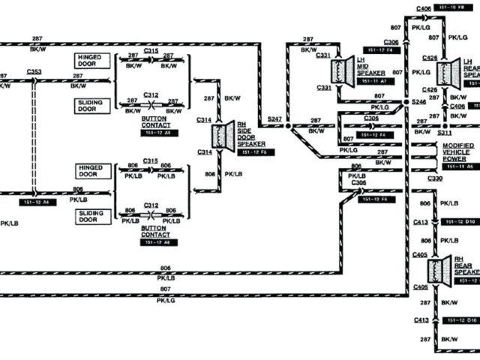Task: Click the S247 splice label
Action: [274, 118]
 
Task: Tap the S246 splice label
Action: [418, 101]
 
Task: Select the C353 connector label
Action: [34, 72]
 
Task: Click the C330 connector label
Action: [435, 178]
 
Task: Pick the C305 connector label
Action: [370, 118]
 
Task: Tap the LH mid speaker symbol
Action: [346, 72]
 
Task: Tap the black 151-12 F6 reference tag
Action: [256, 153]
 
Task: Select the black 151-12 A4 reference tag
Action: [39, 202]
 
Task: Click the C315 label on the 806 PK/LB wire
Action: [151, 161]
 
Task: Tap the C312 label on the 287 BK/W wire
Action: [151, 95]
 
